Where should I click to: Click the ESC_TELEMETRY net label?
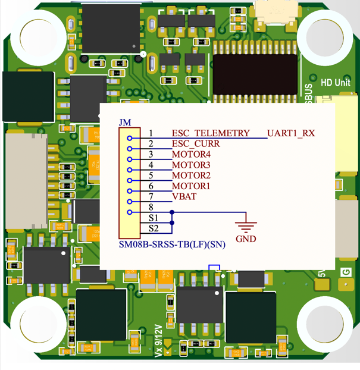211,133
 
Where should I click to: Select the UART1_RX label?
290,133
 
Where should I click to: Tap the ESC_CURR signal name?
196,144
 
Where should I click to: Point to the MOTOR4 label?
192,155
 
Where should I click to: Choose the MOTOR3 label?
192,165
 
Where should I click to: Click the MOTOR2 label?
192,175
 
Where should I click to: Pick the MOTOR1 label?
192,186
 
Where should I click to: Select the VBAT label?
184,197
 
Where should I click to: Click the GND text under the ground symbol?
246,239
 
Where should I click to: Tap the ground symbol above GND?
246,225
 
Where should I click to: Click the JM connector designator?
125,123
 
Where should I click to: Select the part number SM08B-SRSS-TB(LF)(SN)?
172,244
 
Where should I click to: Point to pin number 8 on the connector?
151,207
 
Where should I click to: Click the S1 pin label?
154,218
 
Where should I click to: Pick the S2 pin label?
154,228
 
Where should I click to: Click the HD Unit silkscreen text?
336,83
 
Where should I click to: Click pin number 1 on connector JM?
151,133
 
